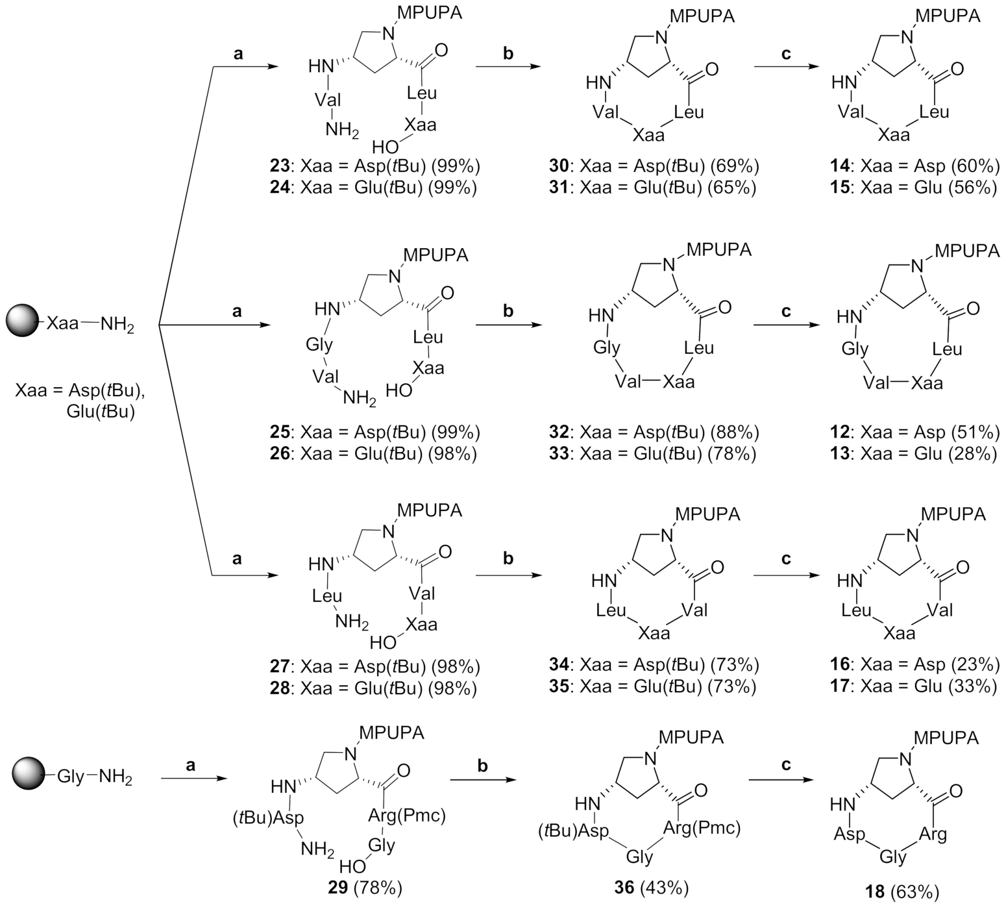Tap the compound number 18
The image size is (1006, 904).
pyautogui.click(x=874, y=892)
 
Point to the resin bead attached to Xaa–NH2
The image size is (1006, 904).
pyautogui.click(x=23, y=321)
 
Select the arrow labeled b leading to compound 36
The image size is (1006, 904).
pyautogui.click(x=482, y=778)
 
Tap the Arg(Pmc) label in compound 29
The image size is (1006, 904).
pyautogui.click(x=407, y=816)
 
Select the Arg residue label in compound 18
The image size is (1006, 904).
pyautogui.click(x=934, y=833)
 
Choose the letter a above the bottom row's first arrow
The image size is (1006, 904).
pyautogui.click(x=191, y=765)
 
